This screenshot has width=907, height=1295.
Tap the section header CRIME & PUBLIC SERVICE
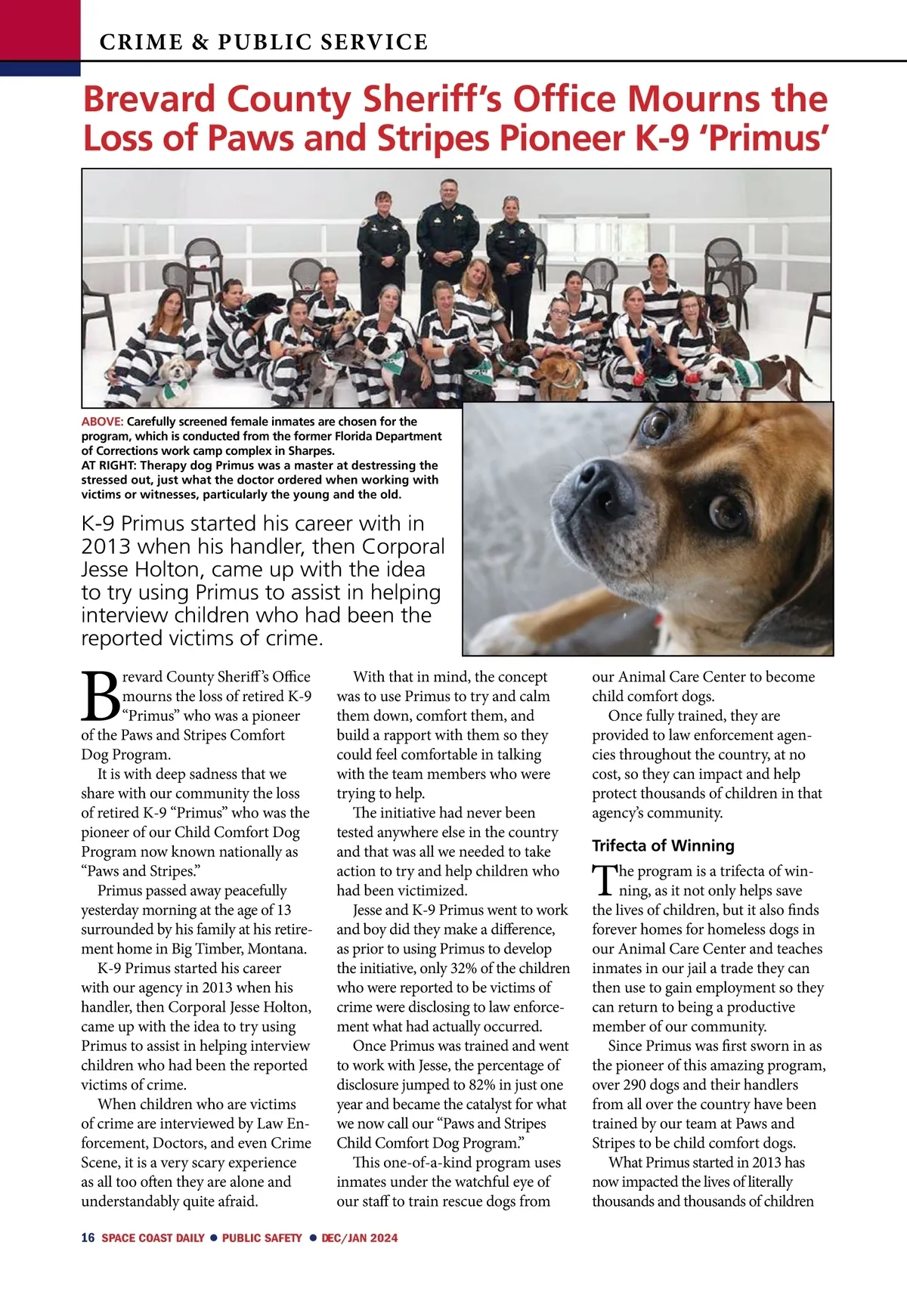264,42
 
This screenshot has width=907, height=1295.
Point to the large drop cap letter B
100,696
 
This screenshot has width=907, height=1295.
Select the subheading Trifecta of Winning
663,845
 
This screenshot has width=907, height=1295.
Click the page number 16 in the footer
88,1238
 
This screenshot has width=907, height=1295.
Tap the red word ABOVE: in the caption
102,422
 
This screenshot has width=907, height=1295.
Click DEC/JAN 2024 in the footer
360,1238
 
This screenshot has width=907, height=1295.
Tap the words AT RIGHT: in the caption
108,465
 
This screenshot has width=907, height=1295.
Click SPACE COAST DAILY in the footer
153,1238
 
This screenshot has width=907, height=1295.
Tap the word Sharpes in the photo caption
310,451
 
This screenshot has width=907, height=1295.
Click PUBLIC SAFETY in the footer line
262,1238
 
